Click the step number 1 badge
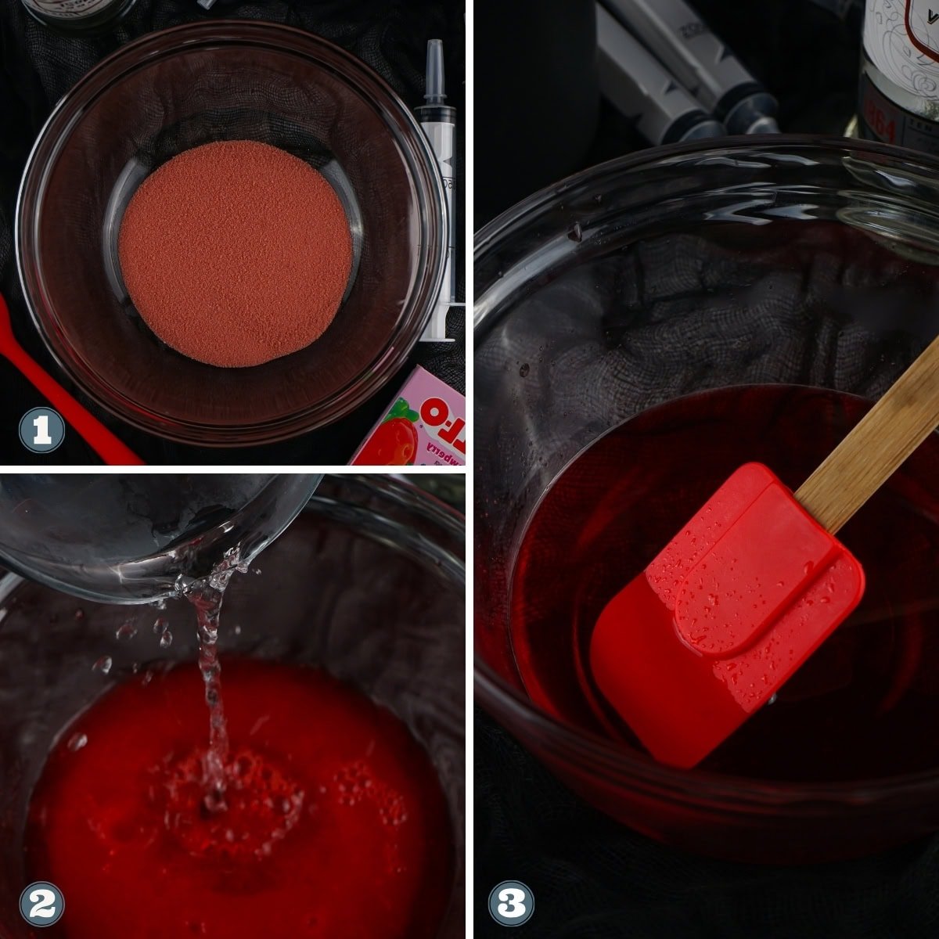click(x=41, y=430)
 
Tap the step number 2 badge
click(x=41, y=904)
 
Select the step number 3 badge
click(x=511, y=904)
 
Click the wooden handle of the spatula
click(x=869, y=438)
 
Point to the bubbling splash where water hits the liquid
click(x=227, y=790)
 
